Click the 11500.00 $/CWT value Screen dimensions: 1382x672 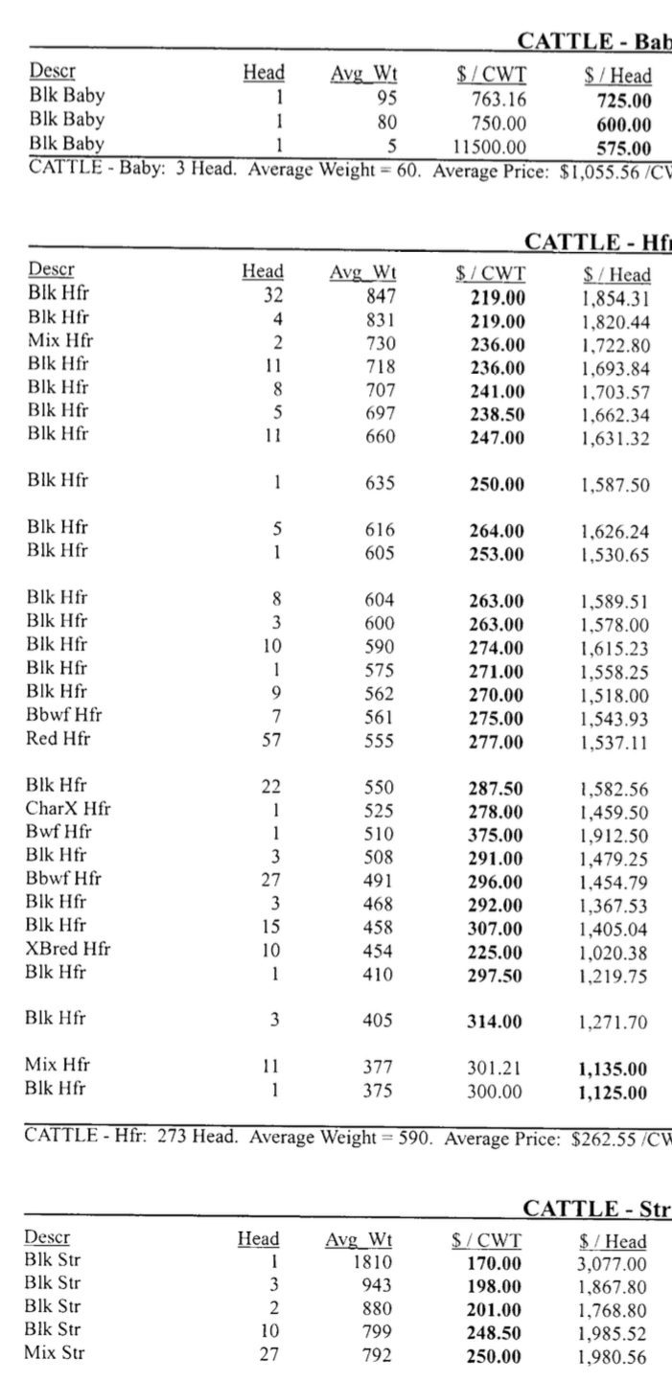(x=489, y=148)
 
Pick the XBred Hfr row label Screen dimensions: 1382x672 (x=68, y=950)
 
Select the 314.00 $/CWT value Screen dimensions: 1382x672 (x=497, y=1022)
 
